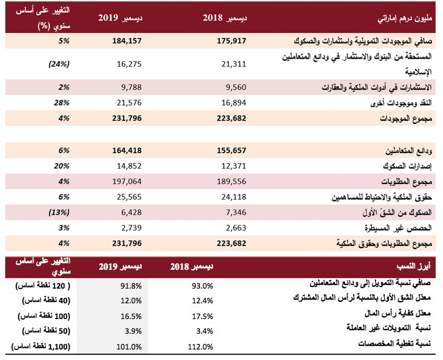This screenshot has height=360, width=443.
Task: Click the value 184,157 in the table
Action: pyautogui.click(x=127, y=41)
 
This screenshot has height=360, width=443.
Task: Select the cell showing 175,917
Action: pyautogui.click(x=231, y=41)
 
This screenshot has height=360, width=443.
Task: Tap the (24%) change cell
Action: pyautogui.click(x=59, y=64)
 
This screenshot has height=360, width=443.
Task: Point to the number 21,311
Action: pyautogui.click(x=234, y=64)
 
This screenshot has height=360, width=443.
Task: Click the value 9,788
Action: pyautogui.click(x=131, y=87)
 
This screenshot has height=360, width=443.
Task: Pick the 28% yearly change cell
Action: pyautogui.click(x=61, y=103)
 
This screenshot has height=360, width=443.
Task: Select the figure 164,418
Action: pyautogui.click(x=127, y=151)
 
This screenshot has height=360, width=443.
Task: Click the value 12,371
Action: pyautogui.click(x=234, y=166)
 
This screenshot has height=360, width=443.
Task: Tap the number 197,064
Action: pyautogui.click(x=127, y=182)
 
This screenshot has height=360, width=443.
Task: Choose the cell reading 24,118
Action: pyautogui.click(x=234, y=197)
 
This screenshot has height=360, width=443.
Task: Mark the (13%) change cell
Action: pyautogui.click(x=59, y=213)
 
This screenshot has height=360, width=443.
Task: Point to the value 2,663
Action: pyautogui.click(x=236, y=228)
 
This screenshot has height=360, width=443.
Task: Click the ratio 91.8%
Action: pyautogui.click(x=131, y=286)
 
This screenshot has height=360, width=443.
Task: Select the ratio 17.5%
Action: pyautogui.click(x=202, y=316)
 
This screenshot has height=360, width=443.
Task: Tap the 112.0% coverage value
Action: pyautogui.click(x=201, y=347)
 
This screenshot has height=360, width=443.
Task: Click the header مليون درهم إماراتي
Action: pyautogui.click(x=405, y=19)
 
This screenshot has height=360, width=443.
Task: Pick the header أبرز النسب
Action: pyautogui.click(x=414, y=266)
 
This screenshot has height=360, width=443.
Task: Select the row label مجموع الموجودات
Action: pyautogui.click(x=406, y=119)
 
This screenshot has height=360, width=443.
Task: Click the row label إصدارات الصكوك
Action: pyautogui.click(x=407, y=166)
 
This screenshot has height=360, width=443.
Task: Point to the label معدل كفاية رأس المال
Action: pyautogui.click(x=397, y=313)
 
